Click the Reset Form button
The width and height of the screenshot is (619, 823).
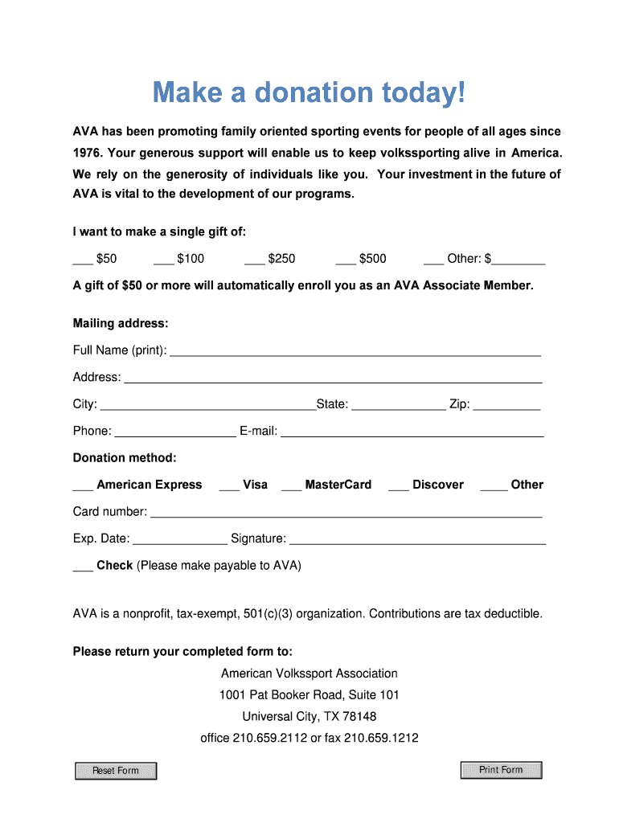tap(116, 771)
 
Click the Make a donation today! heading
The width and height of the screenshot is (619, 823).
tap(309, 93)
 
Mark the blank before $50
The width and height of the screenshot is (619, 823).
tap(83, 259)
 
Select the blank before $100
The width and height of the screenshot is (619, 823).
tap(163, 259)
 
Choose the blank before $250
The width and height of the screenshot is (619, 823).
tap(254, 259)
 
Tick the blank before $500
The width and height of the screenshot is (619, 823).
tap(346, 259)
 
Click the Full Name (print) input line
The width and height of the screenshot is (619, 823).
tap(355, 350)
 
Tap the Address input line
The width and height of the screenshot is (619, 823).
tap(332, 378)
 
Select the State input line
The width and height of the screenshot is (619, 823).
tap(398, 405)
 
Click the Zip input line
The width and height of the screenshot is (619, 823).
tap(506, 405)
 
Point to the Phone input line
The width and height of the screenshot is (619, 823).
tap(174, 432)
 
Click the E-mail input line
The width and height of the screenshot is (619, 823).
tap(412, 432)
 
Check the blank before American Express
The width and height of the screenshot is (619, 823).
tap(83, 485)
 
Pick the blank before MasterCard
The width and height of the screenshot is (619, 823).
tap(292, 485)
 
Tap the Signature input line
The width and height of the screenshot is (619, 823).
tap(417, 539)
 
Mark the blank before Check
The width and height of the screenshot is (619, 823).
tap(83, 566)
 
